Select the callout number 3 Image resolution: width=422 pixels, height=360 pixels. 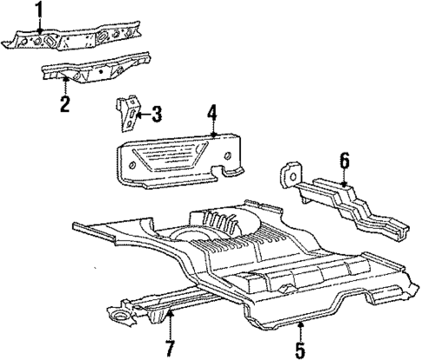[x=157, y=112]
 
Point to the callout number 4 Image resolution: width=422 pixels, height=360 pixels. [x=211, y=111]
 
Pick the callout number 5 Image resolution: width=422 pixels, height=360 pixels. [x=300, y=351]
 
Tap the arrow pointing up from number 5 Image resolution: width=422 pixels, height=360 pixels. [x=300, y=330]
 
